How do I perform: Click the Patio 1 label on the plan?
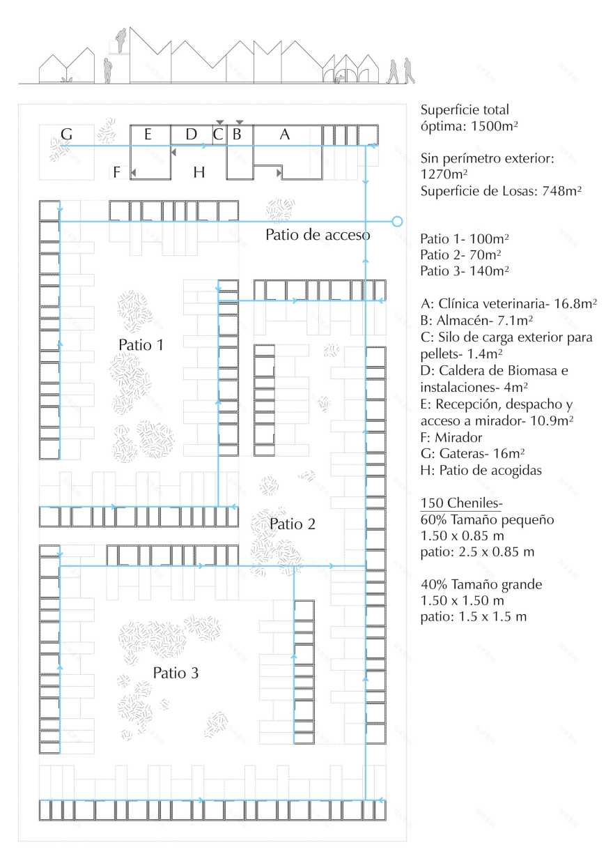click(x=141, y=344)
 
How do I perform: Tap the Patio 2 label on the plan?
click(x=293, y=524)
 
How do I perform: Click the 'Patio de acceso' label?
click(x=318, y=235)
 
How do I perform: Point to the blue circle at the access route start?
click(x=397, y=222)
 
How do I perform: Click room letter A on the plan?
click(x=284, y=135)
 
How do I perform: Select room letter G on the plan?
click(x=67, y=134)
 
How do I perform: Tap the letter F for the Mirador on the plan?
click(x=116, y=172)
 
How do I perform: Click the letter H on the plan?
click(x=199, y=172)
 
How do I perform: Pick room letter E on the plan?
click(x=148, y=135)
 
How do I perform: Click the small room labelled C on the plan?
click(x=218, y=135)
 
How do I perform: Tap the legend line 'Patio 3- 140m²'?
click(x=463, y=271)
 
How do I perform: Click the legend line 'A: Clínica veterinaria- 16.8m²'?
click(x=509, y=304)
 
